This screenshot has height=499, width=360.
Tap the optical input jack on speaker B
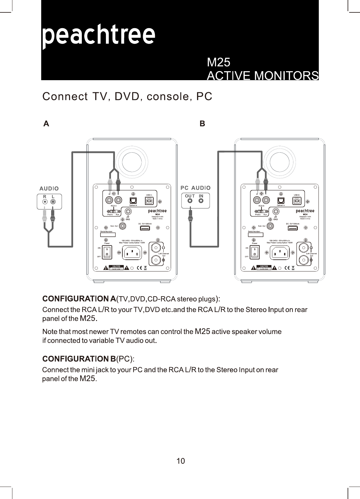[x=281, y=201]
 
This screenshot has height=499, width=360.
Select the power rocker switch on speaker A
[x=107, y=253]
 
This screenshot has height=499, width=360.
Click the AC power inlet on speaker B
[x=280, y=254]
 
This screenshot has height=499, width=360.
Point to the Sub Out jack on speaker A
[x=123, y=226]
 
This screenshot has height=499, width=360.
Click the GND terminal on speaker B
[x=275, y=212]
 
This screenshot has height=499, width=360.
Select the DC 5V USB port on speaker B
[x=292, y=228]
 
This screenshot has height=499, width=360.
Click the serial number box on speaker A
[x=108, y=235]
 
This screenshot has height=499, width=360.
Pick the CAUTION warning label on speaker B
[x=264, y=267]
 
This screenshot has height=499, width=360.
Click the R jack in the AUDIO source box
[x=45, y=202]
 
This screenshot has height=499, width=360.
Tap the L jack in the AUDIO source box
[x=53, y=202]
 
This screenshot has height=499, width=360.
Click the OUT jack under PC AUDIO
[x=190, y=201]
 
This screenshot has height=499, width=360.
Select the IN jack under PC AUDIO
[x=201, y=201]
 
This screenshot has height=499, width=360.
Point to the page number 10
[x=180, y=461]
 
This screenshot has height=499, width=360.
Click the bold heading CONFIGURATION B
[x=79, y=359]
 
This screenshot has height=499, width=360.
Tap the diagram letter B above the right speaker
[x=202, y=124]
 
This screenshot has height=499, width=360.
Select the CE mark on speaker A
[x=139, y=268]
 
